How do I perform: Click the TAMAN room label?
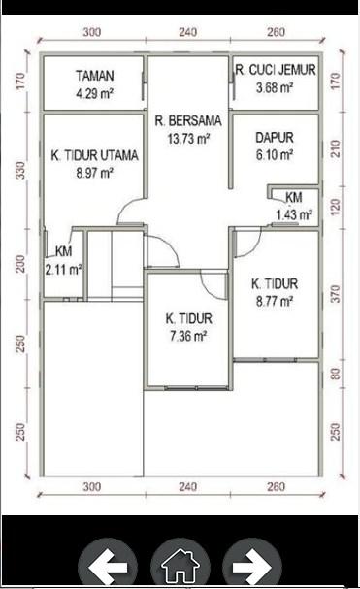(x=95, y=76)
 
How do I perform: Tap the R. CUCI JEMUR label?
(x=276, y=70)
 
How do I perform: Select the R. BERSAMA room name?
(x=188, y=121)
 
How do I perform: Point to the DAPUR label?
(x=275, y=138)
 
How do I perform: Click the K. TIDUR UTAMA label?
(x=95, y=155)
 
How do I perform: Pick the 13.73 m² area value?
(x=188, y=139)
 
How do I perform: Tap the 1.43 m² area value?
(x=294, y=214)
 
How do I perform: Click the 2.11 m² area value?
(x=64, y=270)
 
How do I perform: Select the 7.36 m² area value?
(x=188, y=336)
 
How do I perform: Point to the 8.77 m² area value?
(x=275, y=301)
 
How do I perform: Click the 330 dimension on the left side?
(x=21, y=170)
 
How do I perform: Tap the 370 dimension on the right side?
(x=336, y=294)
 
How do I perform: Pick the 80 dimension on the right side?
(x=336, y=374)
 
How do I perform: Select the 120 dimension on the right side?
(x=336, y=207)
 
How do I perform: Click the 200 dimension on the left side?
(x=21, y=264)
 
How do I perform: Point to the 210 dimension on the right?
(x=336, y=148)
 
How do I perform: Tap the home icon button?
(x=180, y=566)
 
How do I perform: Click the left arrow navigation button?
(x=108, y=566)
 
